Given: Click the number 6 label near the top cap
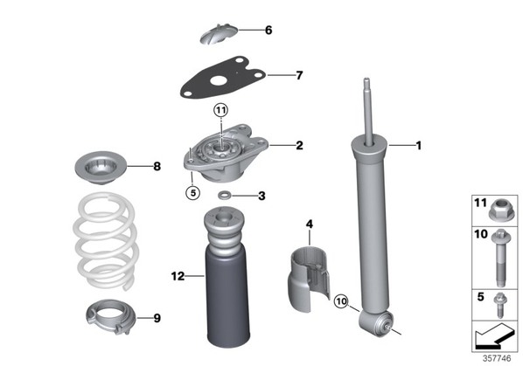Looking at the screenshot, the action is [268, 31].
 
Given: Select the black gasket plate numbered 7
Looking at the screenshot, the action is [223, 78].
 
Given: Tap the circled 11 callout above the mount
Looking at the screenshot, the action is [220, 110].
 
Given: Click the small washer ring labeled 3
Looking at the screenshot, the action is [223, 195].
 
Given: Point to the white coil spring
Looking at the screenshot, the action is [105, 241].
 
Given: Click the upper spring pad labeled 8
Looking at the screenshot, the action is [101, 168].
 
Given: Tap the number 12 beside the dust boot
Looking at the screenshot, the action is [178, 276].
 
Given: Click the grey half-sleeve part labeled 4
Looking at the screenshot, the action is [309, 279].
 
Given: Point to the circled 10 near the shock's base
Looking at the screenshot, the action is [341, 301].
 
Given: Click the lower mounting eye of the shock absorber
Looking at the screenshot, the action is [376, 323].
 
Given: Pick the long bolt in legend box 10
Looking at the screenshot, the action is [501, 258].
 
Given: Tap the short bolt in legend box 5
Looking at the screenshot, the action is [499, 305].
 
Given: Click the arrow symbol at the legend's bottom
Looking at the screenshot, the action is [493, 335].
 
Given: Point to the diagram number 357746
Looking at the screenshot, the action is [497, 358].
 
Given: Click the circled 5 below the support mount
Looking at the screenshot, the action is [193, 192].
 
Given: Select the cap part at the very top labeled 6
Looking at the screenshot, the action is [219, 34].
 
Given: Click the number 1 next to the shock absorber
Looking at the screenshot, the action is [418, 146].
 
